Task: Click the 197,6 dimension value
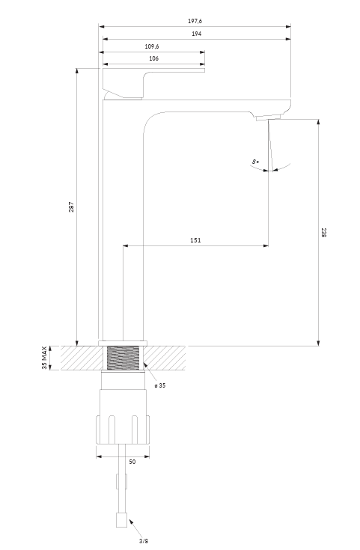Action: pos(195,21)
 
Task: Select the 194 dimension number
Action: pos(197,34)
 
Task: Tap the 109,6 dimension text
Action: pos(152,46)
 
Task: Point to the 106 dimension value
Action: pos(153,58)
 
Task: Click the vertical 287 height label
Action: pos(71,207)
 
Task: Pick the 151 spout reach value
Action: pos(195,240)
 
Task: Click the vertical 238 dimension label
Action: pos(323,232)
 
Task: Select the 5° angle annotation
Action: pos(255,162)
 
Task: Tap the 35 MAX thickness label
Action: pos(44,358)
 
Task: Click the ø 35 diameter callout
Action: pos(160,385)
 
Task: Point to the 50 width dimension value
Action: pos(132,462)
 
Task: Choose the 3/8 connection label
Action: pos(144,541)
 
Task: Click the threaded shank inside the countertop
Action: pos(123,358)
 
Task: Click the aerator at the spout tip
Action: pos(269,117)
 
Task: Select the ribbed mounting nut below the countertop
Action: pos(123,430)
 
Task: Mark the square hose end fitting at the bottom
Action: pos(122,519)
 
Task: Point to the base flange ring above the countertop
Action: pos(123,343)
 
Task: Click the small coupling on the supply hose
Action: pos(122,481)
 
